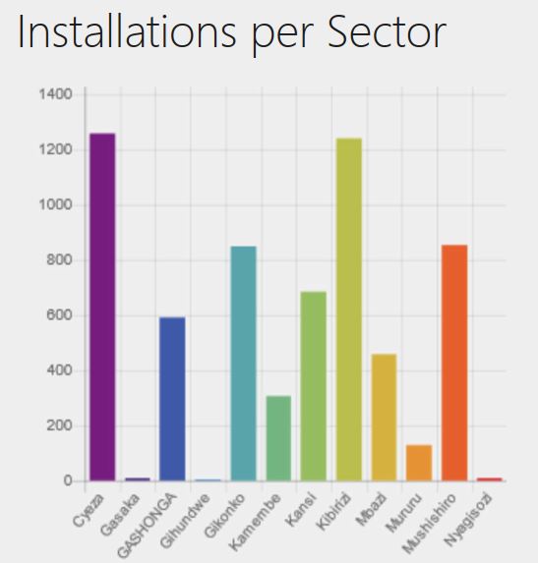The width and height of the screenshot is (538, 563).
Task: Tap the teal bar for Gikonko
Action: tap(243, 364)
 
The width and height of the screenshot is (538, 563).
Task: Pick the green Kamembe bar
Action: tap(278, 438)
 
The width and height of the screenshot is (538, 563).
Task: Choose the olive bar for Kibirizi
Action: tap(348, 310)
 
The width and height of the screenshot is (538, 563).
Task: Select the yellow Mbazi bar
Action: tap(384, 418)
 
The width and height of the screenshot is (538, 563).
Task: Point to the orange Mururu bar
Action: tap(419, 463)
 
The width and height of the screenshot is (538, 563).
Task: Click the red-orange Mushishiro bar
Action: tap(454, 363)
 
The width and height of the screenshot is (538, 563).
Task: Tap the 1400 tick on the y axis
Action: tap(56, 94)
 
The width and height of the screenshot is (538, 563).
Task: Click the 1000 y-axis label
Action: tap(56, 205)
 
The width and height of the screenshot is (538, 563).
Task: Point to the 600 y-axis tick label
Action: tap(60, 315)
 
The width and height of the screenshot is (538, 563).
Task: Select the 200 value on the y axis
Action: tap(60, 426)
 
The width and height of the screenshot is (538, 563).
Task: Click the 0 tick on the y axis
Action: tap(68, 481)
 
